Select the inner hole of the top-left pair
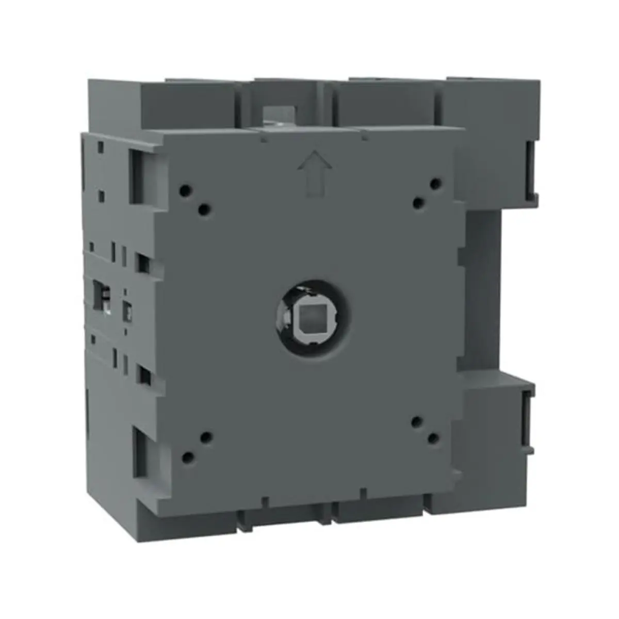(x=204, y=209)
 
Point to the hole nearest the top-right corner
(x=436, y=184)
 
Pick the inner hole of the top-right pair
(x=418, y=203)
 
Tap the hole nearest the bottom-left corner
(x=188, y=457)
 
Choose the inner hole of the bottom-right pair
(x=416, y=422)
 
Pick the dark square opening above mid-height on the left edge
(x=143, y=263)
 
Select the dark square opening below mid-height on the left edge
(x=143, y=376)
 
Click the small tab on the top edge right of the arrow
(x=364, y=138)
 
